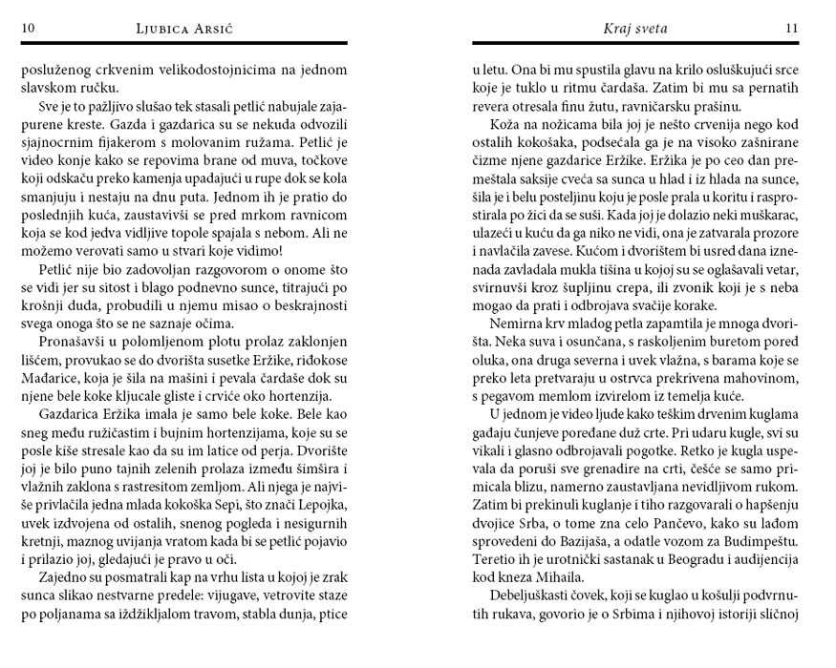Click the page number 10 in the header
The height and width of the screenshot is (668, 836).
tap(29, 29)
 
